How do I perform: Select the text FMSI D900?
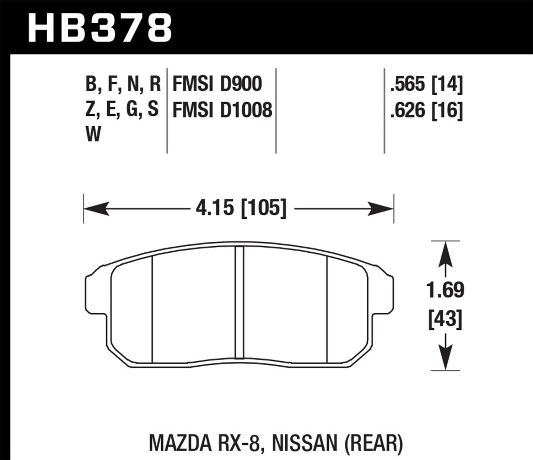[217, 84]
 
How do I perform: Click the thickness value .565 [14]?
[426, 84]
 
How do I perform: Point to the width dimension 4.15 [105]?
[241, 208]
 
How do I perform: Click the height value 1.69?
[445, 290]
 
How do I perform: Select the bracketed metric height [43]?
[445, 319]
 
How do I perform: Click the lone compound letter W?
[93, 135]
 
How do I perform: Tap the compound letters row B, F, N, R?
[123, 84]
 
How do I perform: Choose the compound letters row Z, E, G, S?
[122, 110]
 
